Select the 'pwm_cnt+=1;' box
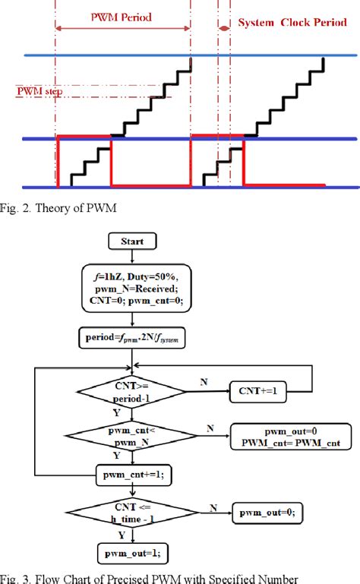(x=132, y=477)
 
